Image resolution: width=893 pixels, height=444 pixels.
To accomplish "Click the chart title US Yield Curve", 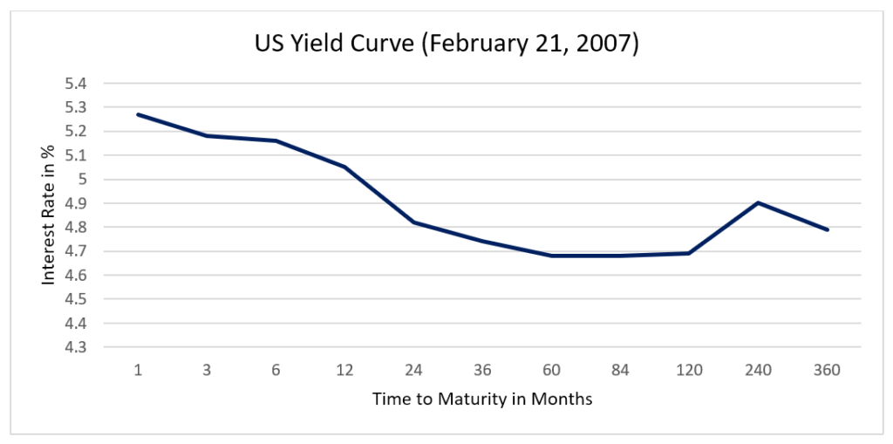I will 446,44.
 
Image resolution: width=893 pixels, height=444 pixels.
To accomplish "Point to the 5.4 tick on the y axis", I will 78,84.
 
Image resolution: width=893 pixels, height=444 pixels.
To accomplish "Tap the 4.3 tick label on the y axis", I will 78,346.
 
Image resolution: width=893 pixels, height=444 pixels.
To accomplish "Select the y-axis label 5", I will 84,180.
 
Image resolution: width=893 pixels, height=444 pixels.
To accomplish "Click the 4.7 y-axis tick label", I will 78,251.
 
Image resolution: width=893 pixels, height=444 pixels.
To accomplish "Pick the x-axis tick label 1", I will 138,370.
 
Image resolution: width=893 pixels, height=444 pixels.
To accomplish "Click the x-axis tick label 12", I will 344,370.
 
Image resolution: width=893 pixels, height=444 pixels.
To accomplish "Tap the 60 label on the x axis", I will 551,370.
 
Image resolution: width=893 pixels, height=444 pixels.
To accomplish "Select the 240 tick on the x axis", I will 758,370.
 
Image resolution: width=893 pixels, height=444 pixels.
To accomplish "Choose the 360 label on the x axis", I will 827,370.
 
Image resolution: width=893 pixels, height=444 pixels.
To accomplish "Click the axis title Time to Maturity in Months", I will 482,400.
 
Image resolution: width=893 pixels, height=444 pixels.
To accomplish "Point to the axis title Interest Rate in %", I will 50,215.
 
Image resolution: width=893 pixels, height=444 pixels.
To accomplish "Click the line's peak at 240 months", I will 758,203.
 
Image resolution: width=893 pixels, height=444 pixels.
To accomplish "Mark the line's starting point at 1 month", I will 138,114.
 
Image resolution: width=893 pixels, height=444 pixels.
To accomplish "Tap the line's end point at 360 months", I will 827,229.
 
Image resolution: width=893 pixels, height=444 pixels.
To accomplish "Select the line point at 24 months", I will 413,222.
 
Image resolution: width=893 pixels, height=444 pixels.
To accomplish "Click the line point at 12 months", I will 344,167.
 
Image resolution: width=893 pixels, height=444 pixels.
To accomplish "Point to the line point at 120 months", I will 689,253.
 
